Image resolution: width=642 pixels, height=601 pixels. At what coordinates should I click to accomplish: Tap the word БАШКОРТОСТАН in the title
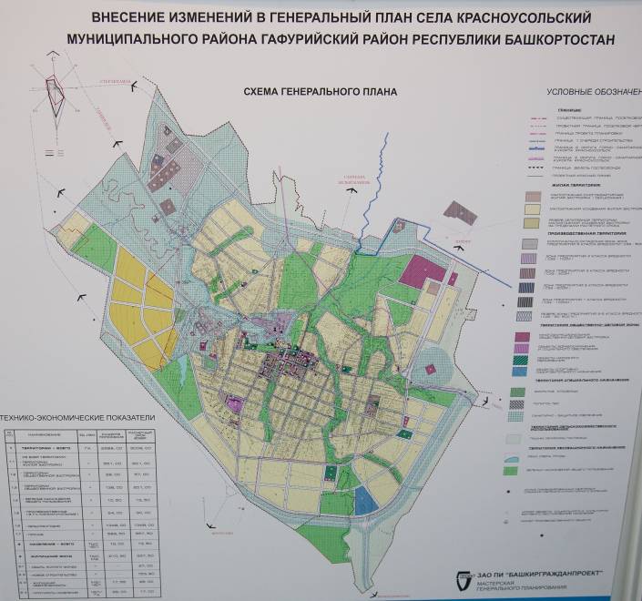coord(553,40)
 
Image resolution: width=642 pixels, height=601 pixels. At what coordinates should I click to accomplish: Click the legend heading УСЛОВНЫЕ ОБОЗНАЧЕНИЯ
coord(592,93)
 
